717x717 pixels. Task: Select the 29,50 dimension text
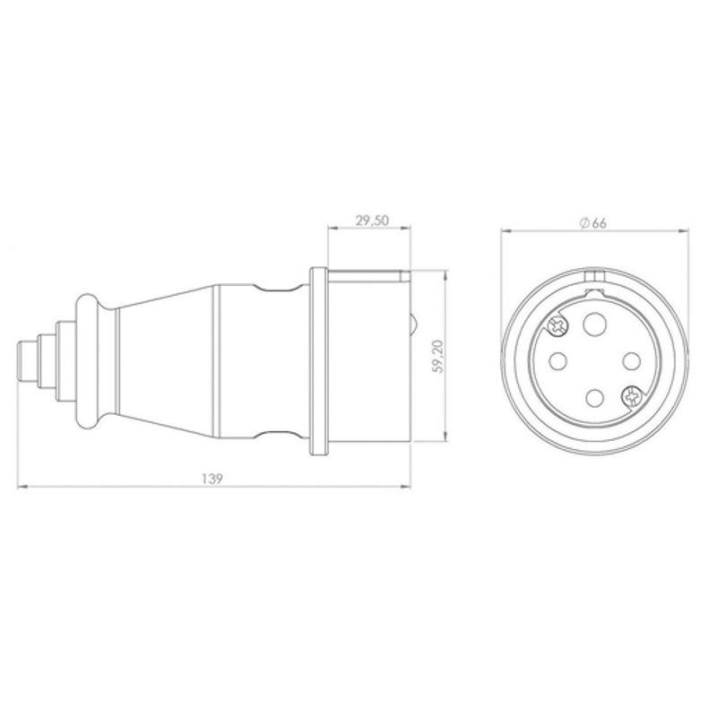coord(369,220)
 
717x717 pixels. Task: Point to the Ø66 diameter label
coord(593,223)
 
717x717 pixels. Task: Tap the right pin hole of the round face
coord(629,360)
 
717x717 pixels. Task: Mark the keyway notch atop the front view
coord(592,276)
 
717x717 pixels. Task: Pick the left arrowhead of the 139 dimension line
coord(22,488)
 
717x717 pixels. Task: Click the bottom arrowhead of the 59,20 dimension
coord(445,438)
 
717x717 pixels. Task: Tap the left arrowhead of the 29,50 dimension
coord(332,229)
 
